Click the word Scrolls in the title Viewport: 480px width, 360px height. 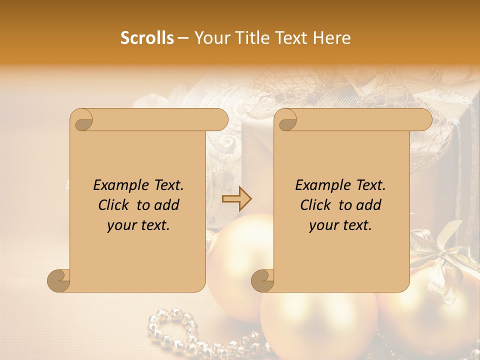point(147,38)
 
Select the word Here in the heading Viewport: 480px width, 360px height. point(332,38)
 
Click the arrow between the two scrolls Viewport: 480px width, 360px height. point(236,199)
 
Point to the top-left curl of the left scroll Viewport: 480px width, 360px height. point(81,120)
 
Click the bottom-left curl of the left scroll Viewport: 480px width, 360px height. point(59,280)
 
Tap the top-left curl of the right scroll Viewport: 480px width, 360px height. point(285,120)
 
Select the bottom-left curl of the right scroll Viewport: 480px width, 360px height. point(262,280)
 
